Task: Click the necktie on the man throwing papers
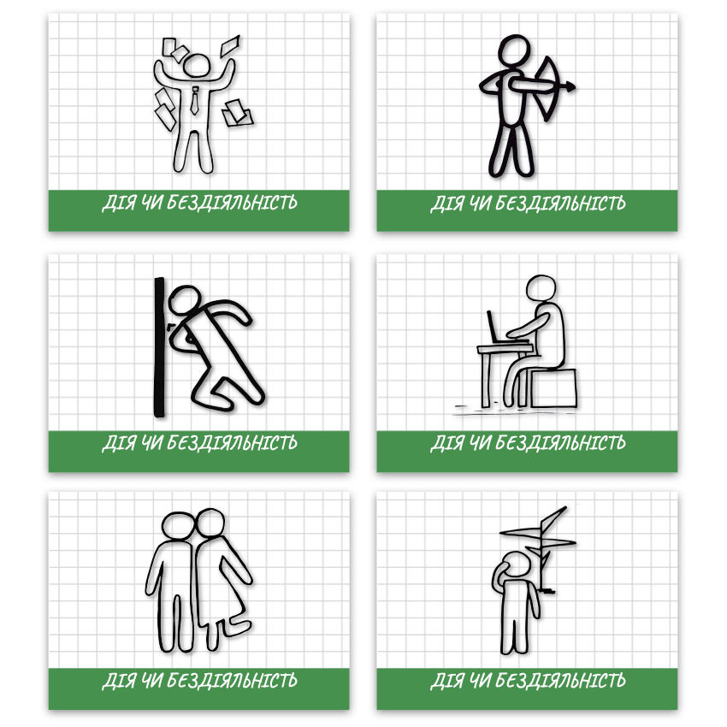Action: point(195,101)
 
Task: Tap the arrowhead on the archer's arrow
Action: point(570,86)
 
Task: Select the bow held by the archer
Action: point(548,88)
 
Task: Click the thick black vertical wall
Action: point(159,348)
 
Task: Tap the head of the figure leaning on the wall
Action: point(184,299)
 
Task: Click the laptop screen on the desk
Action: point(492,326)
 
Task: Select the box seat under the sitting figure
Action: point(553,388)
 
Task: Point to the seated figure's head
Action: point(541,288)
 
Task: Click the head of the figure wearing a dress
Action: point(210,522)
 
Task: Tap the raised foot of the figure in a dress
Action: point(238,627)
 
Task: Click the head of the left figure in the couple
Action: point(178,525)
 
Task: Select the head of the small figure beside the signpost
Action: point(515,564)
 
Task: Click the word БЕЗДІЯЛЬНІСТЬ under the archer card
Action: point(560,204)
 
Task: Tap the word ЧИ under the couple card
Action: point(152,681)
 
